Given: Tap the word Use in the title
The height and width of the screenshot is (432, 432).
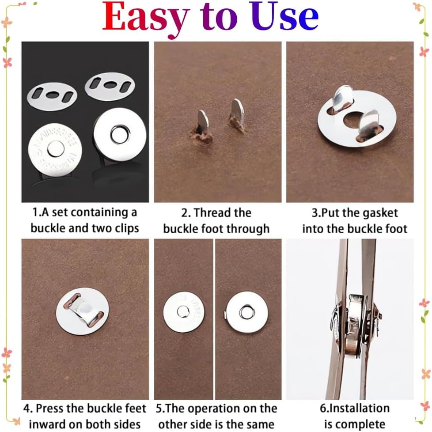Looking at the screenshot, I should tap(288, 18).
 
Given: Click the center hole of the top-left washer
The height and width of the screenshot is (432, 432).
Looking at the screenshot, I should tap(52, 94).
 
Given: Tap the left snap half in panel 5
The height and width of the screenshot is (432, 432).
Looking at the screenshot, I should tap(183, 312).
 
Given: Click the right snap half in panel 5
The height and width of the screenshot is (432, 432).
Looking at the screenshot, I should tap(247, 312).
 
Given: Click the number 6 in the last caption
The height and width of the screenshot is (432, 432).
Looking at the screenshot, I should tap(322, 408).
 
